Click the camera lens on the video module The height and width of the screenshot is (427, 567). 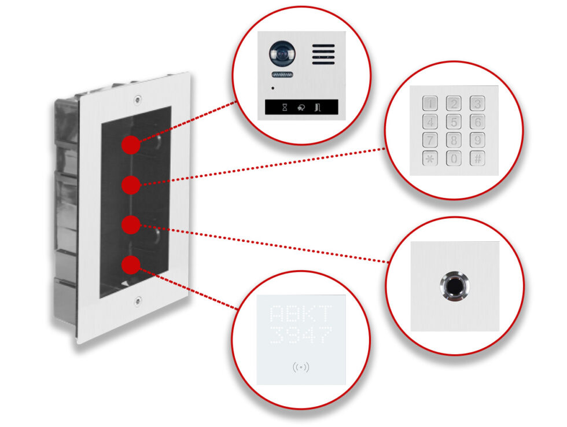point(280,53)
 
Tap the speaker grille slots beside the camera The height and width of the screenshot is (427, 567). point(324,55)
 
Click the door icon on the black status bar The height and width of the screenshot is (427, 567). point(318,107)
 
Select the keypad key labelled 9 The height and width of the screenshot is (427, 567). point(477,141)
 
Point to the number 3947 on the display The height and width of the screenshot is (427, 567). point(301,335)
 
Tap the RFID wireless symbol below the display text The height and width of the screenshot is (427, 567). point(301,367)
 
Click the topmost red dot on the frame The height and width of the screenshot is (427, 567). point(131,145)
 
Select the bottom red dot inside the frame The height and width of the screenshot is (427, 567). point(131,264)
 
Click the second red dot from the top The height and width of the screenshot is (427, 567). point(131,185)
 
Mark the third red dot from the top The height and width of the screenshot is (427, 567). point(131,224)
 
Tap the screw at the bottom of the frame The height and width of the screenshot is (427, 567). point(137,300)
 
